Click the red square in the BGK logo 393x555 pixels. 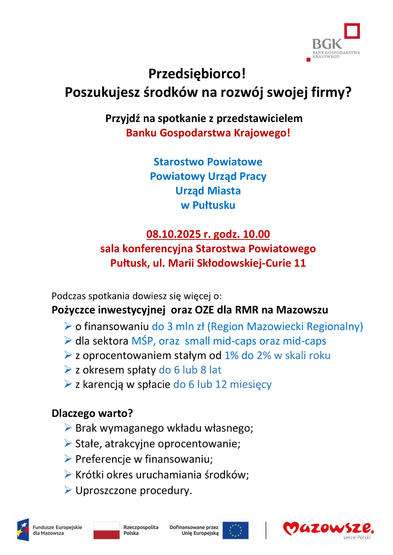pos(352,31)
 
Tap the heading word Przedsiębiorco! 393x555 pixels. pos(197,74)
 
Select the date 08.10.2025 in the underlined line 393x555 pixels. pos(173,234)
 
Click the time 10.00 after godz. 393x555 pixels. pos(256,234)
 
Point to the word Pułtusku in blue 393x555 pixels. pos(214,205)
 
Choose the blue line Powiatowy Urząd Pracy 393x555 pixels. pos(208,176)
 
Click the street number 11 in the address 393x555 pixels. pos(300,263)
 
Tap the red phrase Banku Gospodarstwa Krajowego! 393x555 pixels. pos(208,133)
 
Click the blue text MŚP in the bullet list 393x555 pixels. pos(143,341)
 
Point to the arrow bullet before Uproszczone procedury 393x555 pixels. pos(68,490)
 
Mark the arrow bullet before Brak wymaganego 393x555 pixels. pos(68,427)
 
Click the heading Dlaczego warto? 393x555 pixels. pos(92,413)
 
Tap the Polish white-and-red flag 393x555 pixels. pos(107,530)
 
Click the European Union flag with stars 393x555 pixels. pos(235,530)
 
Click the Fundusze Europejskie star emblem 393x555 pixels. pos(23,530)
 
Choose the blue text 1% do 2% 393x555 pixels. pos(248,356)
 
